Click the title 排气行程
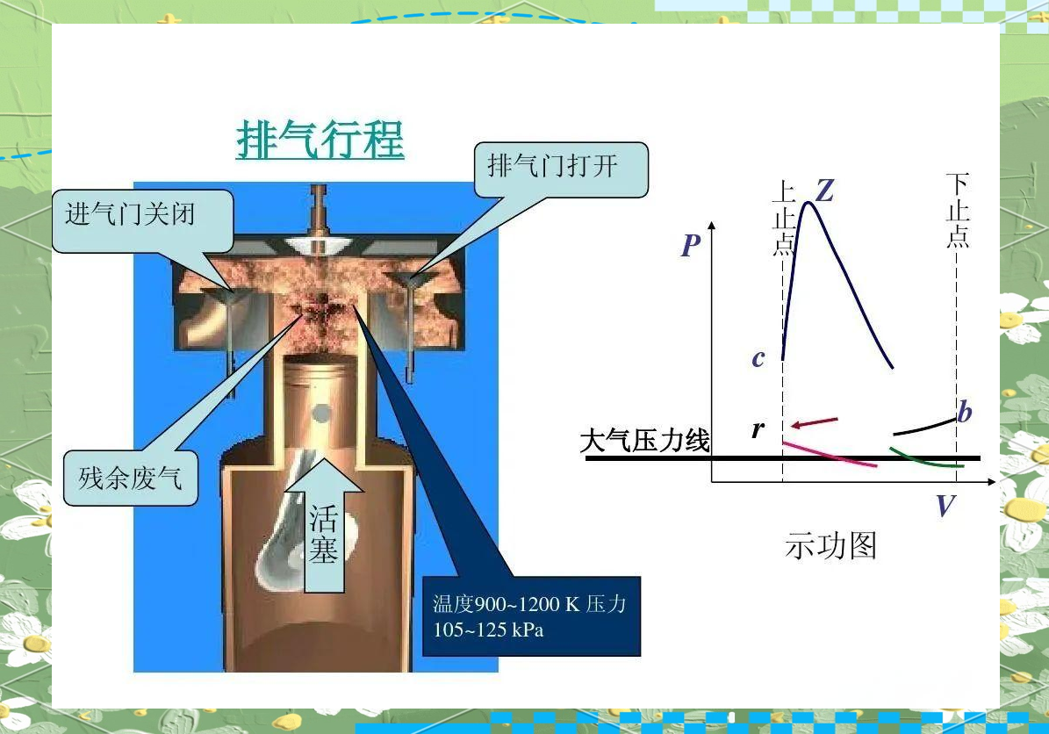320,140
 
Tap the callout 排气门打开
561,169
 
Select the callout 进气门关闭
142,220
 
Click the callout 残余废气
131,478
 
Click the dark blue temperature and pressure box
531,615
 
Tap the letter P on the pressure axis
691,246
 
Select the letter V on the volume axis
945,505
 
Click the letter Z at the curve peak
825,191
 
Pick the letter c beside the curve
758,358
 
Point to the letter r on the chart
758,428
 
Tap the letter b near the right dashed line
964,411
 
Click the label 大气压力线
644,441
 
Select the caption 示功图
830,546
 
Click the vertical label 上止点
783,218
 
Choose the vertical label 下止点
958,210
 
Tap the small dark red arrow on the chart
814,422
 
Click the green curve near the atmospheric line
926,460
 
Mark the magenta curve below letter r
829,454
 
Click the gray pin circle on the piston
321,414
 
